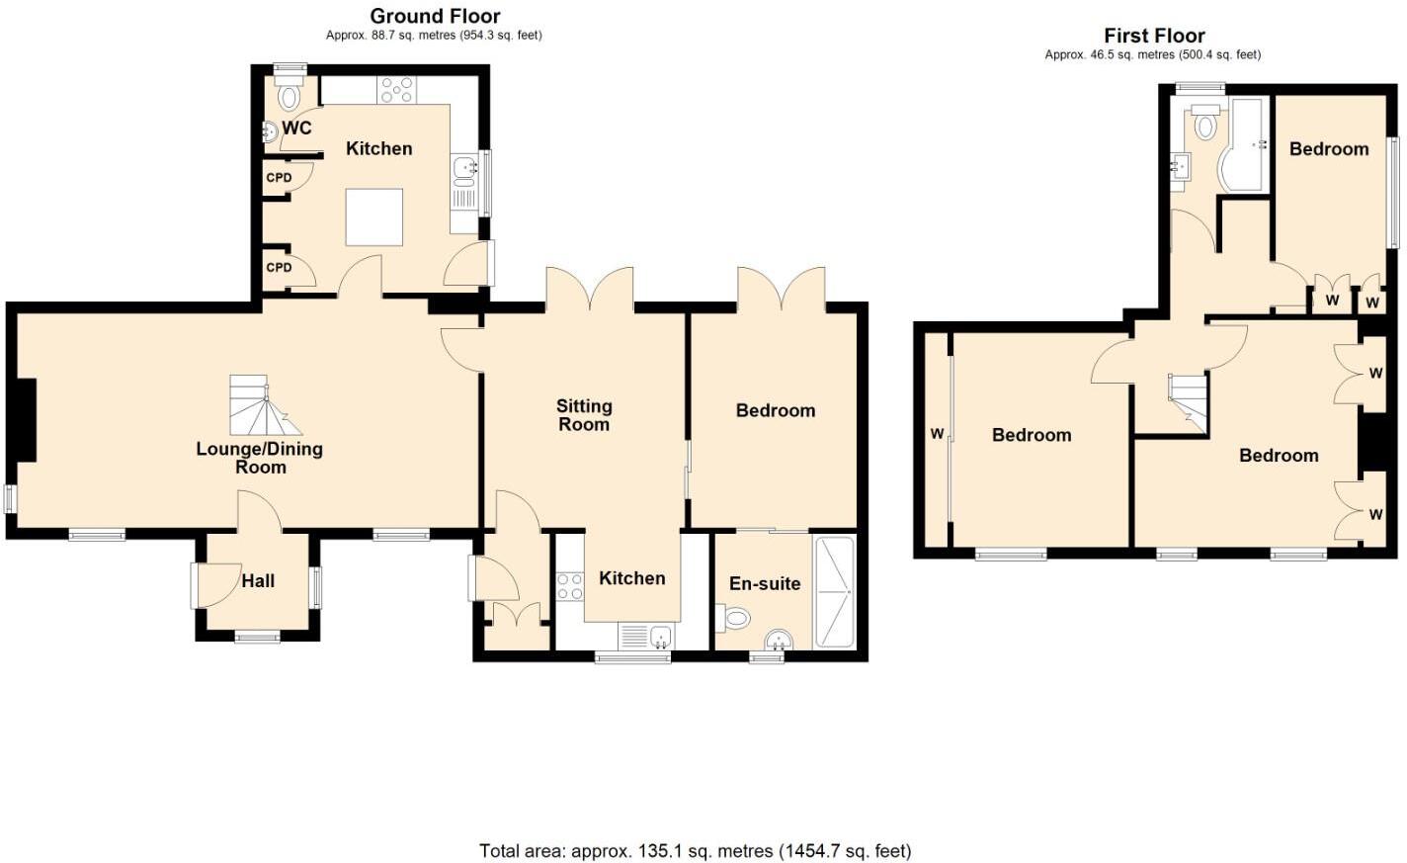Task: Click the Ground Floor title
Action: [x=435, y=16]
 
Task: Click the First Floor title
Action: [x=1154, y=36]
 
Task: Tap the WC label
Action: [x=296, y=128]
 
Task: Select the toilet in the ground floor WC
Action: [x=289, y=96]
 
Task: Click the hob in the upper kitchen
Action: [x=397, y=89]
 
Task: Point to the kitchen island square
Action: [x=373, y=216]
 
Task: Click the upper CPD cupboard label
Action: [x=279, y=178]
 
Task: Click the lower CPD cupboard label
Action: [x=279, y=268]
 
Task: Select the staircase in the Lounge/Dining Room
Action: [x=261, y=405]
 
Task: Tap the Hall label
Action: [x=258, y=581]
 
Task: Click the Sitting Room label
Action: [x=584, y=415]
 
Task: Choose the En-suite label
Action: [x=765, y=584]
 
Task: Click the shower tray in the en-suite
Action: [x=833, y=592]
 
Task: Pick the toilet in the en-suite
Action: [x=734, y=619]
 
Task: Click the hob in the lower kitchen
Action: [x=569, y=586]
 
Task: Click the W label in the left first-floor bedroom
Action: [x=937, y=434]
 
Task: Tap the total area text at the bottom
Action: [x=695, y=850]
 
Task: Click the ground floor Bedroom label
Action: [x=776, y=410]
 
